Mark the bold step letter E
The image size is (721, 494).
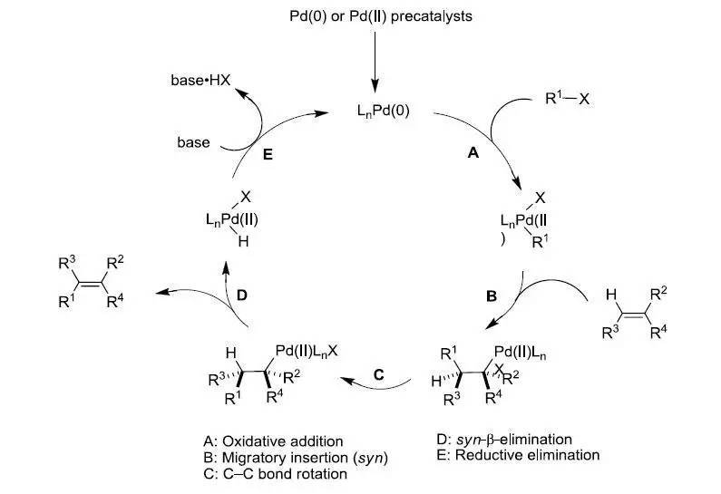[x=268, y=154]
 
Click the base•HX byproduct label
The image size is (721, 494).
[x=201, y=81]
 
